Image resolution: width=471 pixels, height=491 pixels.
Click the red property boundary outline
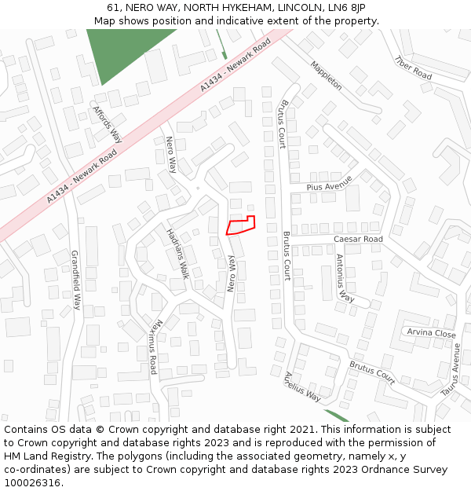[240, 225]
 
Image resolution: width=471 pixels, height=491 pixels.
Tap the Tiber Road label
[413, 68]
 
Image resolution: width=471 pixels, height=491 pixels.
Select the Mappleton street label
[326, 75]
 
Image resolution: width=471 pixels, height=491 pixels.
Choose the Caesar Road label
[358, 239]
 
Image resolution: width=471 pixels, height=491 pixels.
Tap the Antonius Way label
[345, 279]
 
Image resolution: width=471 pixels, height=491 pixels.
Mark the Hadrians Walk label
[178, 254]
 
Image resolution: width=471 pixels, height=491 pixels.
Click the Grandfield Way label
[76, 280]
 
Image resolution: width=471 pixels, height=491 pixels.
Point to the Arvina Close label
[431, 333]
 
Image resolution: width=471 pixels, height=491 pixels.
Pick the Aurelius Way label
[302, 386]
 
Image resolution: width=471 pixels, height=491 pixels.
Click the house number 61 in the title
[114, 8]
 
